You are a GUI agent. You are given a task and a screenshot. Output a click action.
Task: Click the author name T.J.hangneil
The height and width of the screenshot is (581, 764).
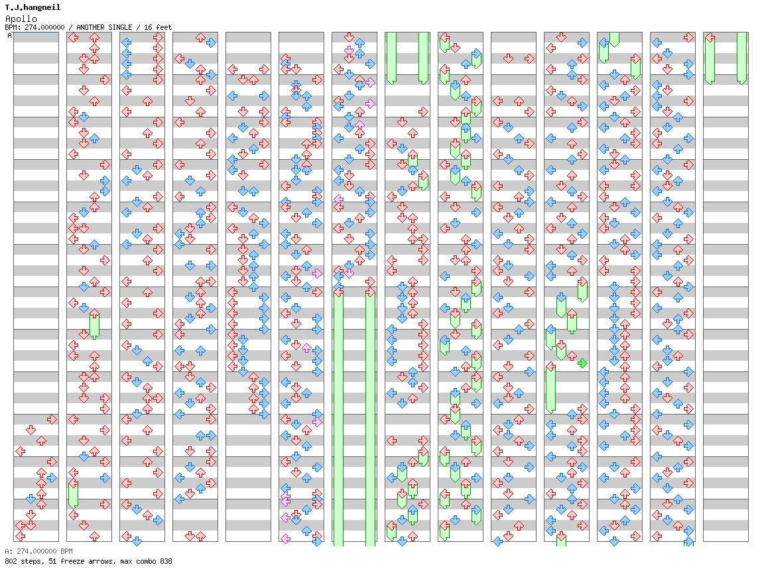click(x=32, y=7)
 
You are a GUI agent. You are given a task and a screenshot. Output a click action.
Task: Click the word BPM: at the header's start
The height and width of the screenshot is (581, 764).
click(x=13, y=27)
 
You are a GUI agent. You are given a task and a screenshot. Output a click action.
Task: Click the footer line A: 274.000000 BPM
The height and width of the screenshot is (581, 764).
click(x=38, y=551)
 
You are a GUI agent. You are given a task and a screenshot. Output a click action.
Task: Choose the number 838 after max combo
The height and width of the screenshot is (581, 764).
click(x=164, y=561)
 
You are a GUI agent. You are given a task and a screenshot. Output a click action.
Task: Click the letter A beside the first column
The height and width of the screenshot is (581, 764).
click(x=10, y=36)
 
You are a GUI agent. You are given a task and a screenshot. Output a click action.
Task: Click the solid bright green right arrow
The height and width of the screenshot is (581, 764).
click(x=582, y=363)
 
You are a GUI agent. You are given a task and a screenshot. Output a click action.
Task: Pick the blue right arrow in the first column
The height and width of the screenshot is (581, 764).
click(x=52, y=478)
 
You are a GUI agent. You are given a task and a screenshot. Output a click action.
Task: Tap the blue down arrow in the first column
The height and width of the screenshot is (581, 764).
click(x=31, y=499)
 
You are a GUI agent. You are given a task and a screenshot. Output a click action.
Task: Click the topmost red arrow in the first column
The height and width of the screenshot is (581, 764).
click(x=52, y=419)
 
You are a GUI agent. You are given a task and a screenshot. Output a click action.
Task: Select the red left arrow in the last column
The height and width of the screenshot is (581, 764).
click(x=710, y=38)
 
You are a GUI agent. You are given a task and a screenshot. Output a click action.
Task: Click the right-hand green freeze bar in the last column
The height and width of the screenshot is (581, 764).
click(x=741, y=58)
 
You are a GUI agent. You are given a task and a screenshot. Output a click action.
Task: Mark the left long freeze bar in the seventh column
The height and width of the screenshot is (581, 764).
click(x=338, y=418)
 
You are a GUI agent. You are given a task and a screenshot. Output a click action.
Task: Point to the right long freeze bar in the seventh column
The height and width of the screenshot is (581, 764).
click(x=370, y=418)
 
